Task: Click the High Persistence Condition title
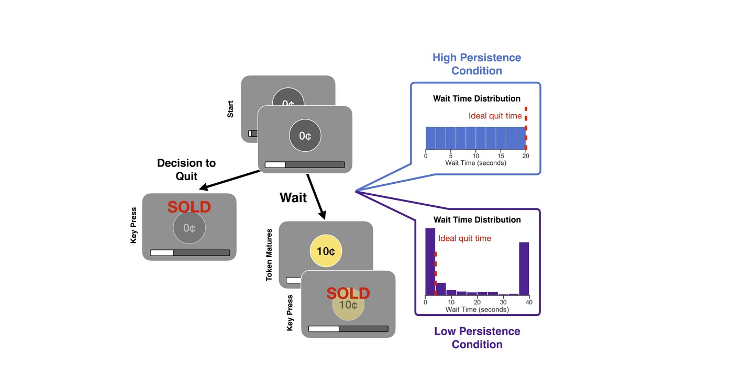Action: pyautogui.click(x=476, y=64)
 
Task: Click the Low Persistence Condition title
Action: pyautogui.click(x=477, y=338)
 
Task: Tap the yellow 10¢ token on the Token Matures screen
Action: pyautogui.click(x=326, y=251)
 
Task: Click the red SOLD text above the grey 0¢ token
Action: pyautogui.click(x=189, y=207)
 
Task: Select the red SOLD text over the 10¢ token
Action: pyautogui.click(x=348, y=293)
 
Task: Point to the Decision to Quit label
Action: pyautogui.click(x=186, y=170)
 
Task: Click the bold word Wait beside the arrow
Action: pyautogui.click(x=293, y=197)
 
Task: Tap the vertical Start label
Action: pyautogui.click(x=230, y=108)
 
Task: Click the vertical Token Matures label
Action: pyautogui.click(x=269, y=254)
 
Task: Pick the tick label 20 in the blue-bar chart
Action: pyautogui.click(x=526, y=156)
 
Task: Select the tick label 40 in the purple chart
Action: pyautogui.click(x=529, y=302)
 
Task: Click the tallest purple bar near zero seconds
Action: pyautogui.click(x=430, y=262)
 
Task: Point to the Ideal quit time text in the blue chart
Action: pyautogui.click(x=495, y=116)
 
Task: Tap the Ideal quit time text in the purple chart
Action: pyautogui.click(x=464, y=238)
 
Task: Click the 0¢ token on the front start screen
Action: pyautogui.click(x=305, y=136)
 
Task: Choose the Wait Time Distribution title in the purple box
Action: pyautogui.click(x=477, y=219)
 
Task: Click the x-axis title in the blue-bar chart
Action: pyautogui.click(x=475, y=163)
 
